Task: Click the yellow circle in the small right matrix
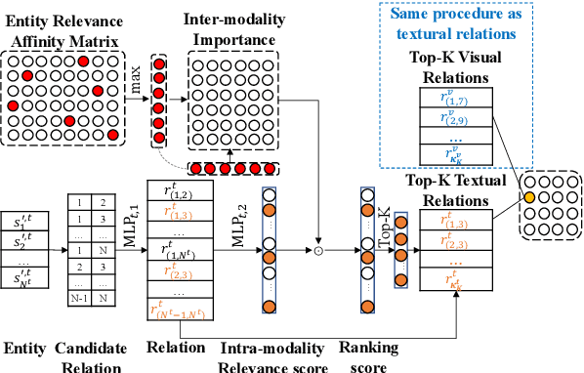point(528,198)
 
